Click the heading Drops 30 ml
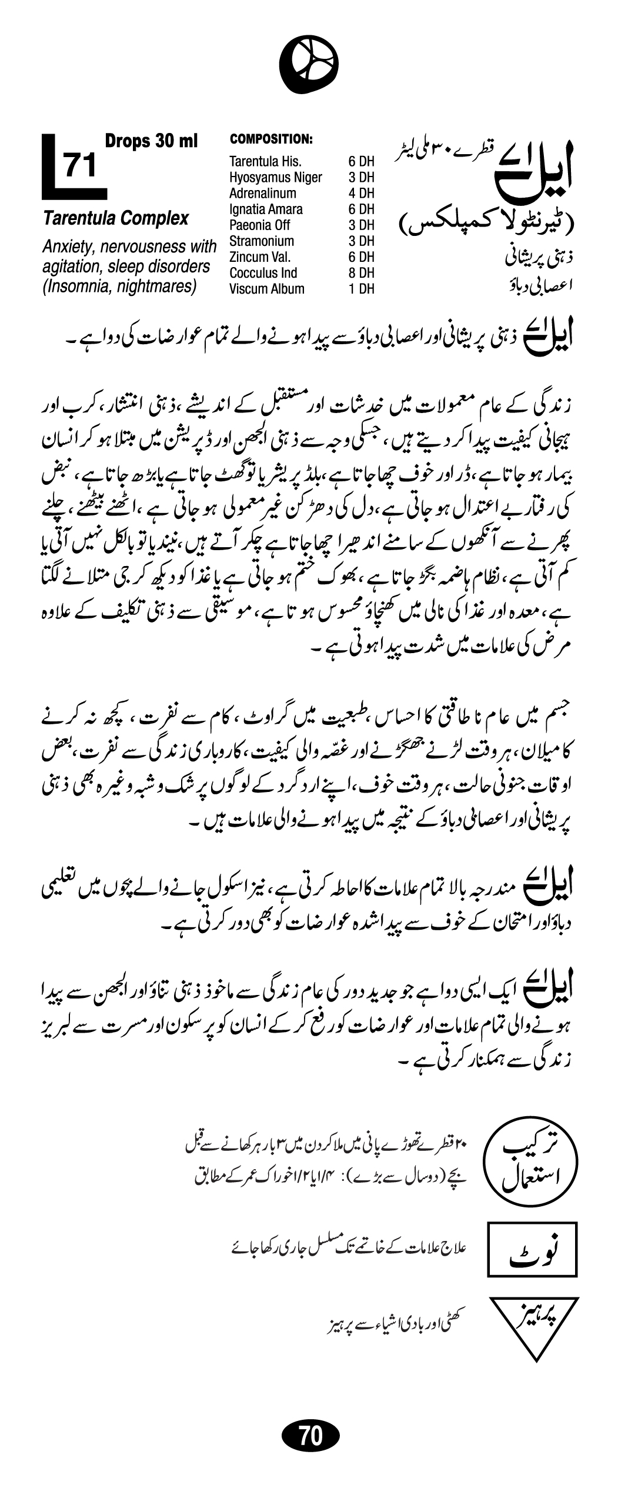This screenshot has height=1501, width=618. pyautogui.click(x=151, y=141)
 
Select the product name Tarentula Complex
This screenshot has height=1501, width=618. pyautogui.click(x=115, y=219)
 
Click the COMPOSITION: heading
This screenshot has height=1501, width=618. pyautogui.click(x=270, y=139)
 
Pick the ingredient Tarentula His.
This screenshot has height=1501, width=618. pyautogui.click(x=265, y=161)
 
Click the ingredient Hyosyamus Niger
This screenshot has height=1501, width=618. pyautogui.click(x=275, y=177)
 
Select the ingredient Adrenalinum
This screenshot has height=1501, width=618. pyautogui.click(x=262, y=193)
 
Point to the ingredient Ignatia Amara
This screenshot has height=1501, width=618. pyautogui.click(x=266, y=209)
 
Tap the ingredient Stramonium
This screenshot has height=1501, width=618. pyautogui.click(x=261, y=241)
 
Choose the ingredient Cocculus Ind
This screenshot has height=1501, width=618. pyautogui.click(x=263, y=273)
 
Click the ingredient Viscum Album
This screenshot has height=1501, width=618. pyautogui.click(x=266, y=289)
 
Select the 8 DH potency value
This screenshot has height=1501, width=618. pyautogui.click(x=361, y=273)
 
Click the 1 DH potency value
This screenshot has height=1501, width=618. pyautogui.click(x=361, y=289)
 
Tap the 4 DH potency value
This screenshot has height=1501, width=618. pyautogui.click(x=361, y=193)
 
